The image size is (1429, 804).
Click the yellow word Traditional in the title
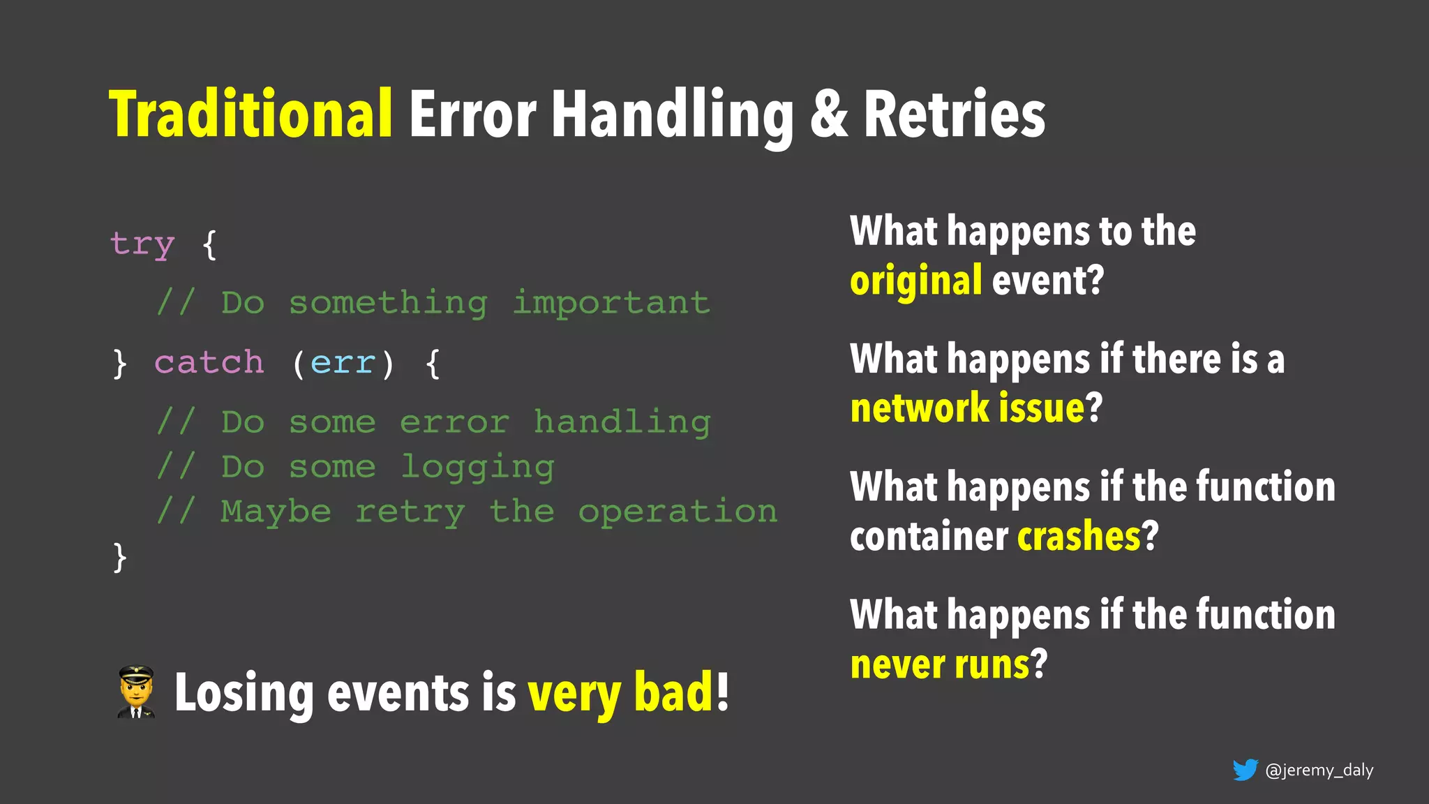[251, 114]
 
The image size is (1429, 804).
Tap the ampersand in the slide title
[829, 114]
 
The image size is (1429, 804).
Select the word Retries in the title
[955, 114]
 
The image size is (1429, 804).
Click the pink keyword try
[142, 244]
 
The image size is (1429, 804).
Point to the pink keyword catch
[209, 363]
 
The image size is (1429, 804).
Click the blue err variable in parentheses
[343, 364]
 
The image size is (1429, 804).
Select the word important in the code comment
[611, 304]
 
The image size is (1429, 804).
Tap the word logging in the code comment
[478, 467]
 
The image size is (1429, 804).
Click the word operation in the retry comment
[678, 512]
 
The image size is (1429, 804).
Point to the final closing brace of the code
[120, 557]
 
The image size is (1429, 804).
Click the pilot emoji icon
[136, 692]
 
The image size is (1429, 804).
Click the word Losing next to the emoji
[244, 693]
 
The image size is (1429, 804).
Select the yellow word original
[915, 281]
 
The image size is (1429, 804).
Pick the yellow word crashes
[1079, 536]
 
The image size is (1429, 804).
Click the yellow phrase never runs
[940, 664]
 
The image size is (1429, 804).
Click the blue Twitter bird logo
[1245, 770]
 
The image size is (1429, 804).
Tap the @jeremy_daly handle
[1319, 770]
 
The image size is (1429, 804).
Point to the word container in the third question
[929, 536]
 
